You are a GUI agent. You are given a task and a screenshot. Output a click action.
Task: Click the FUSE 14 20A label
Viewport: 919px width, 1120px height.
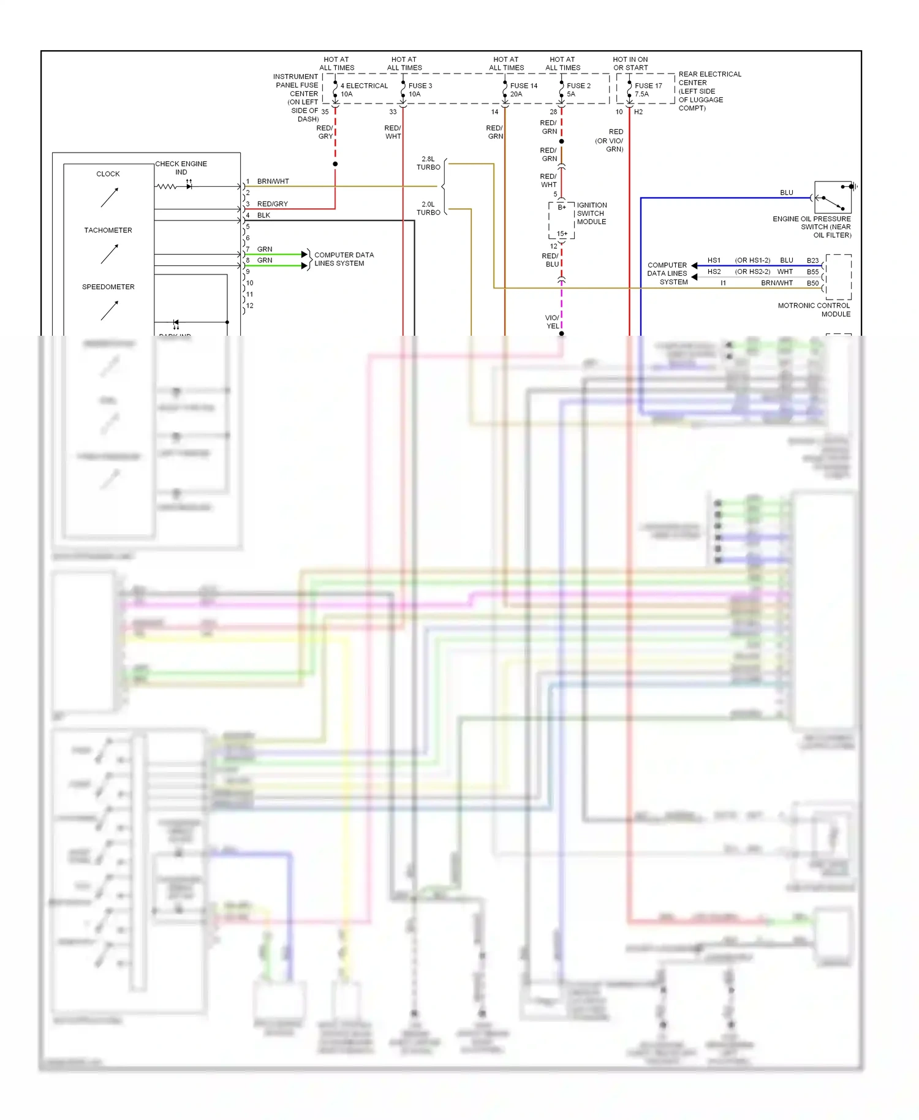pyautogui.click(x=523, y=89)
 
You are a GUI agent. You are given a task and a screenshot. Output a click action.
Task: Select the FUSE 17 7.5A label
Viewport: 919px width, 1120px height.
pyautogui.click(x=648, y=89)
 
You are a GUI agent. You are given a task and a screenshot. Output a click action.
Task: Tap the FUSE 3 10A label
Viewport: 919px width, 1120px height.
pyautogui.click(x=420, y=89)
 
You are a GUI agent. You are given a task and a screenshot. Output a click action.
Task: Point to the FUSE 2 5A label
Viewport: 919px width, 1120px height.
pyautogui.click(x=578, y=89)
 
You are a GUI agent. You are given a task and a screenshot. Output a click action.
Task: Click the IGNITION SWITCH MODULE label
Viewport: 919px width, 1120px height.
pyautogui.click(x=591, y=213)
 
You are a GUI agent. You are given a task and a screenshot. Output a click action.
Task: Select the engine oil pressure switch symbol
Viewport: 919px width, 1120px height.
pyautogui.click(x=833, y=197)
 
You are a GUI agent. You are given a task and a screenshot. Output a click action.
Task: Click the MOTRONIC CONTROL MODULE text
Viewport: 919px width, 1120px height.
pyautogui.click(x=814, y=309)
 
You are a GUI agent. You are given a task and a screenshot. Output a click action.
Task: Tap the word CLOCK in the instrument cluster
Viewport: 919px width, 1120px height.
pyautogui.click(x=108, y=174)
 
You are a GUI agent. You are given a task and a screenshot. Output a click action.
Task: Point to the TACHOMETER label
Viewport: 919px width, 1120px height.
pyautogui.click(x=108, y=230)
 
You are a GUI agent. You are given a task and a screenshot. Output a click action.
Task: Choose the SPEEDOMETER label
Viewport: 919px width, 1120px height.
pyautogui.click(x=108, y=287)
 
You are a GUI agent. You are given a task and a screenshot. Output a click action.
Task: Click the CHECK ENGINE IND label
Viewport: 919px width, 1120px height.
pyautogui.click(x=181, y=168)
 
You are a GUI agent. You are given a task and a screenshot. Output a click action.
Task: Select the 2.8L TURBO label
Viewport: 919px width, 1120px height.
pyautogui.click(x=428, y=163)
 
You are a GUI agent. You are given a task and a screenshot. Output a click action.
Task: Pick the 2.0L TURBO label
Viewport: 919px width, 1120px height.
pyautogui.click(x=428, y=208)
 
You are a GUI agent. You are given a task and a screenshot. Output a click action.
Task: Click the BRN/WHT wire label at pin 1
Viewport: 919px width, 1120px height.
pyautogui.click(x=273, y=181)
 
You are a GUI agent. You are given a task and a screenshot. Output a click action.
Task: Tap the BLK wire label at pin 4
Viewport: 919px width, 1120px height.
pyautogui.click(x=263, y=215)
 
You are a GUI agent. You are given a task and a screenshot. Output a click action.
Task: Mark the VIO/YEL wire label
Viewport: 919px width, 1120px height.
pyautogui.click(x=552, y=322)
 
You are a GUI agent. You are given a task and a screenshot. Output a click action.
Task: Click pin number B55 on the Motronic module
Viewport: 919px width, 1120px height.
pyautogui.click(x=812, y=271)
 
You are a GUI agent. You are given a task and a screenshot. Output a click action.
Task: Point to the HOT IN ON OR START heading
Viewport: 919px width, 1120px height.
pyautogui.click(x=630, y=64)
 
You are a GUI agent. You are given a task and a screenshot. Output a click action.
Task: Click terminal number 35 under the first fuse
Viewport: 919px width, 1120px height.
pyautogui.click(x=325, y=112)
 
